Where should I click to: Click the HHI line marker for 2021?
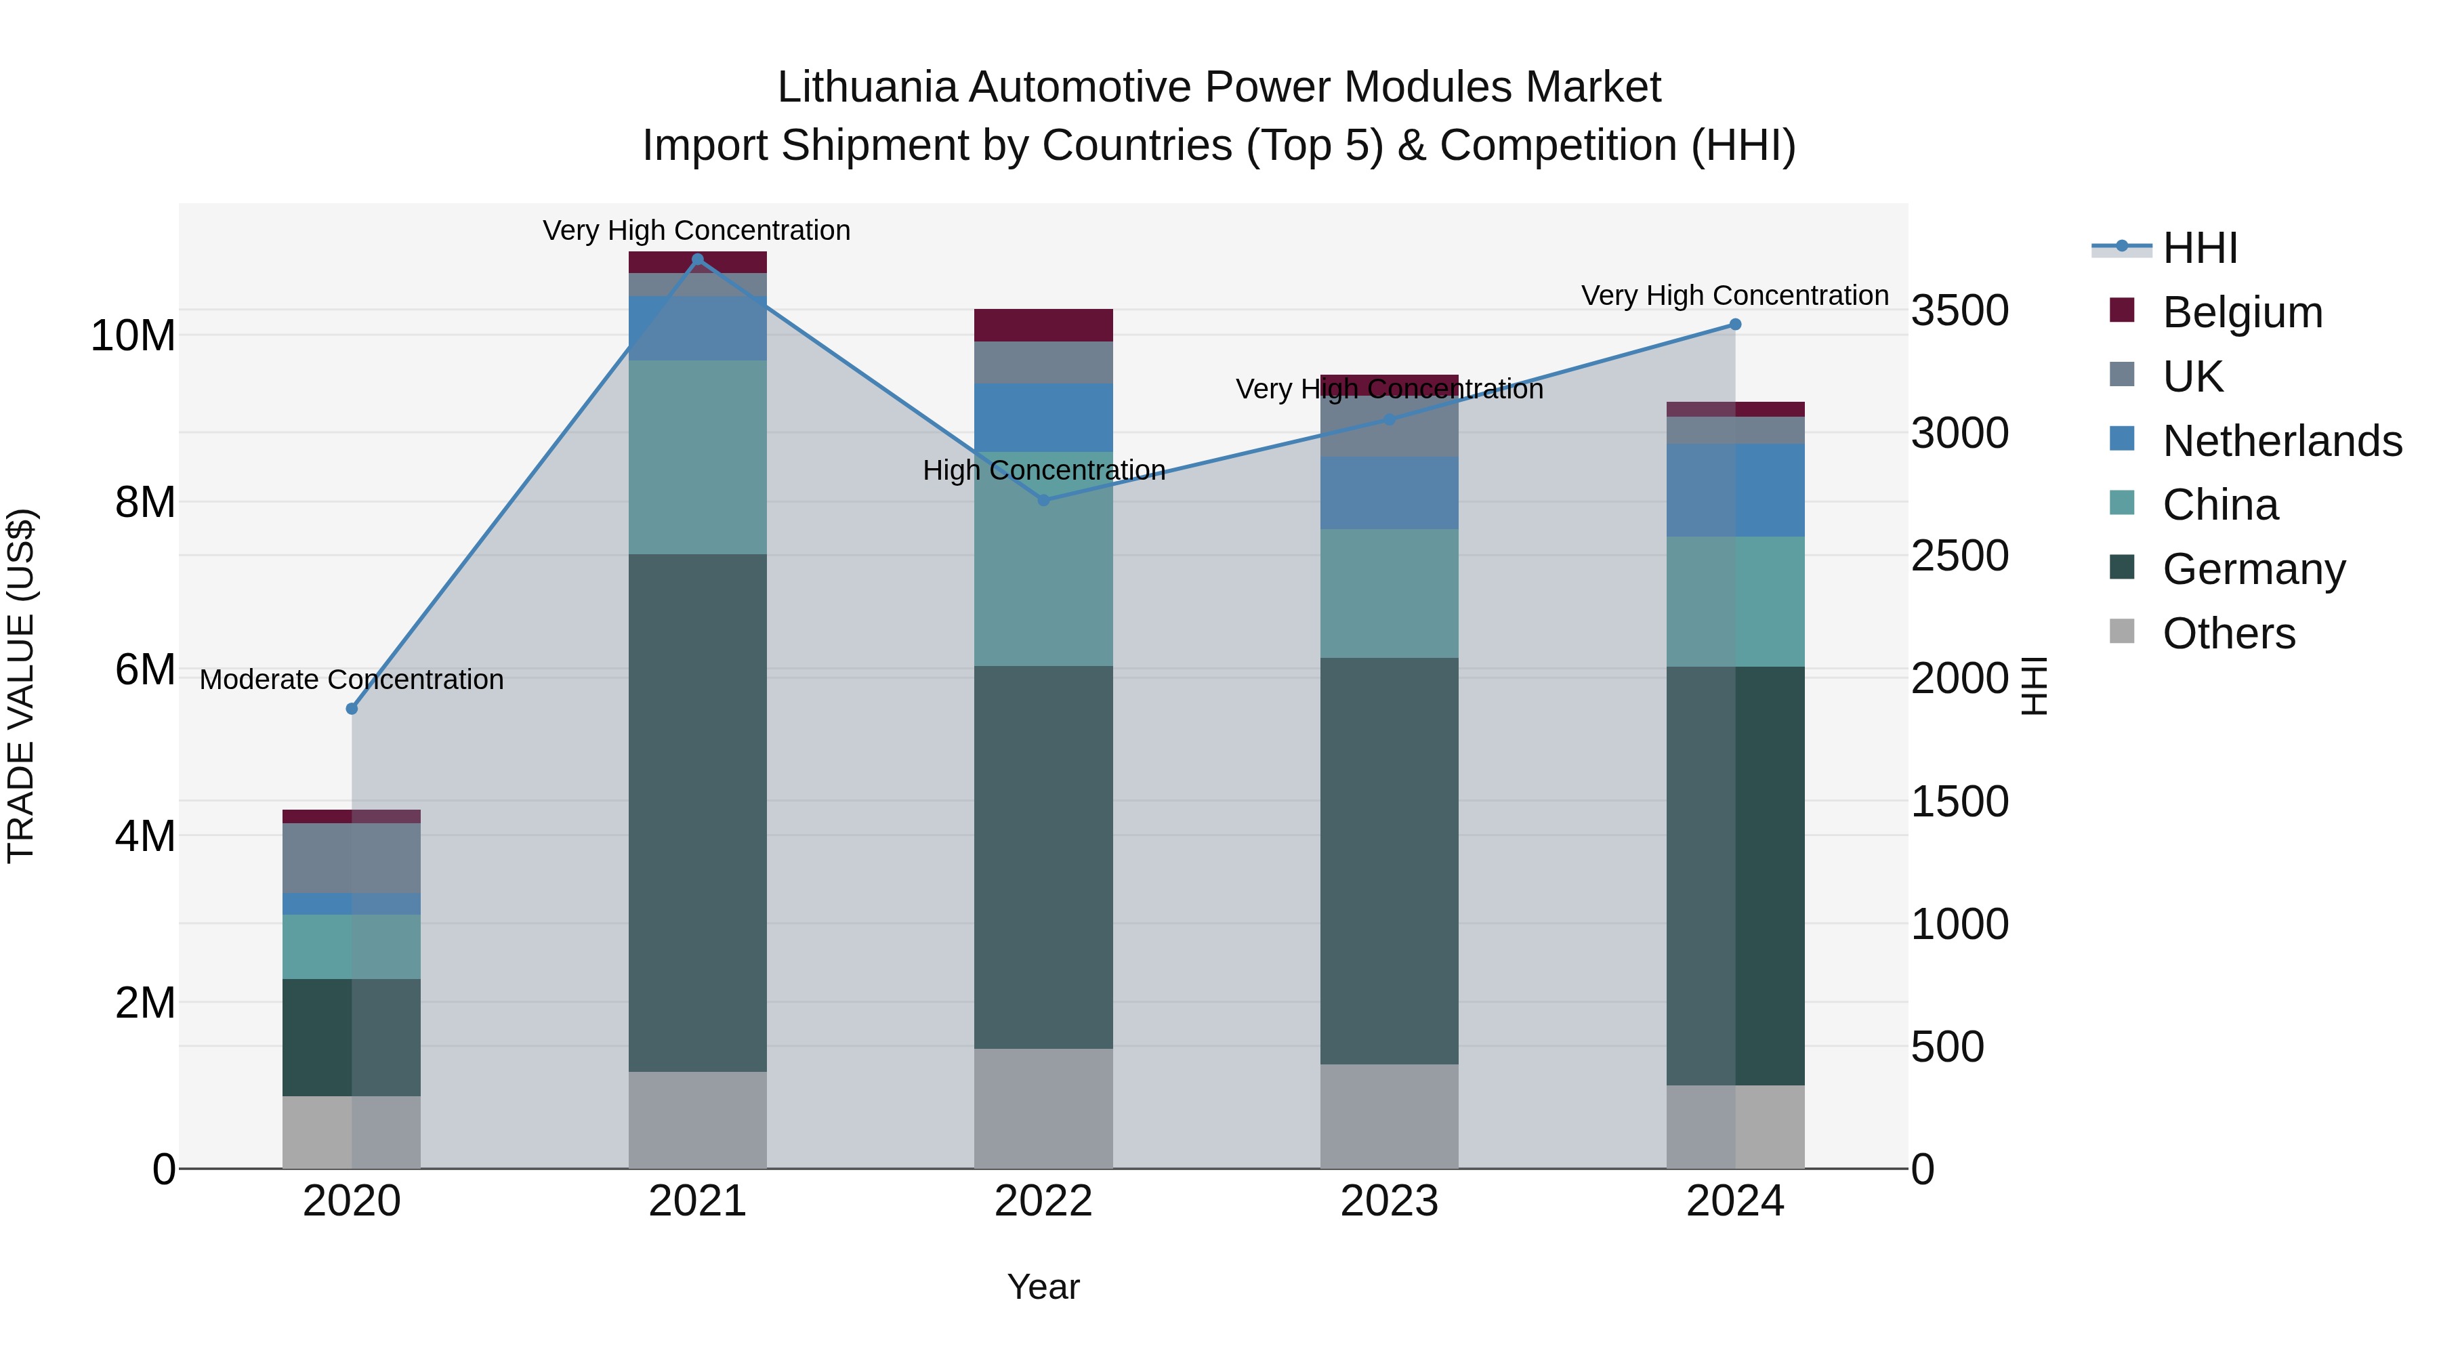[698, 259]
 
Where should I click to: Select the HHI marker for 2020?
[352, 708]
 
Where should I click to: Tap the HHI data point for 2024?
[1734, 325]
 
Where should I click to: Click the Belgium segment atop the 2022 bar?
[1043, 325]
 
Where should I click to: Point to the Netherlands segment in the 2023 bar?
[1389, 493]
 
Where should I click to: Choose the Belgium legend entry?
[2242, 312]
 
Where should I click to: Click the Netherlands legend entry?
[2282, 441]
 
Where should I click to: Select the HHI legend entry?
[2199, 248]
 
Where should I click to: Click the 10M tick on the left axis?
[133, 335]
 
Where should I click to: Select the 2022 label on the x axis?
[1043, 1201]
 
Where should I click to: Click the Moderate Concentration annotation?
[351, 680]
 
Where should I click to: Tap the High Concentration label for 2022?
[1043, 471]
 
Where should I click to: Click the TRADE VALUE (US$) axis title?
[21, 686]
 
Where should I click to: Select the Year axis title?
[1043, 1287]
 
